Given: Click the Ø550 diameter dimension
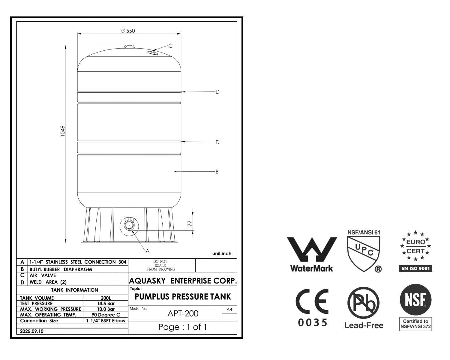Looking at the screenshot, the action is (128, 31).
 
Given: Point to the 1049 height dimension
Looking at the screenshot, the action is (62, 131).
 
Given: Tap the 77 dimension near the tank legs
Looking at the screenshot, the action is (190, 223).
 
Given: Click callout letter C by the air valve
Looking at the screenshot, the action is (170, 46).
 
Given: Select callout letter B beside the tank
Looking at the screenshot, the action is (217, 172).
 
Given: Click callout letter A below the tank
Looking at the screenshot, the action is (147, 251).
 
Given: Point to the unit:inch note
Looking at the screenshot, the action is (222, 253).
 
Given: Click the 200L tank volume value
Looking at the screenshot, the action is (106, 298).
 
